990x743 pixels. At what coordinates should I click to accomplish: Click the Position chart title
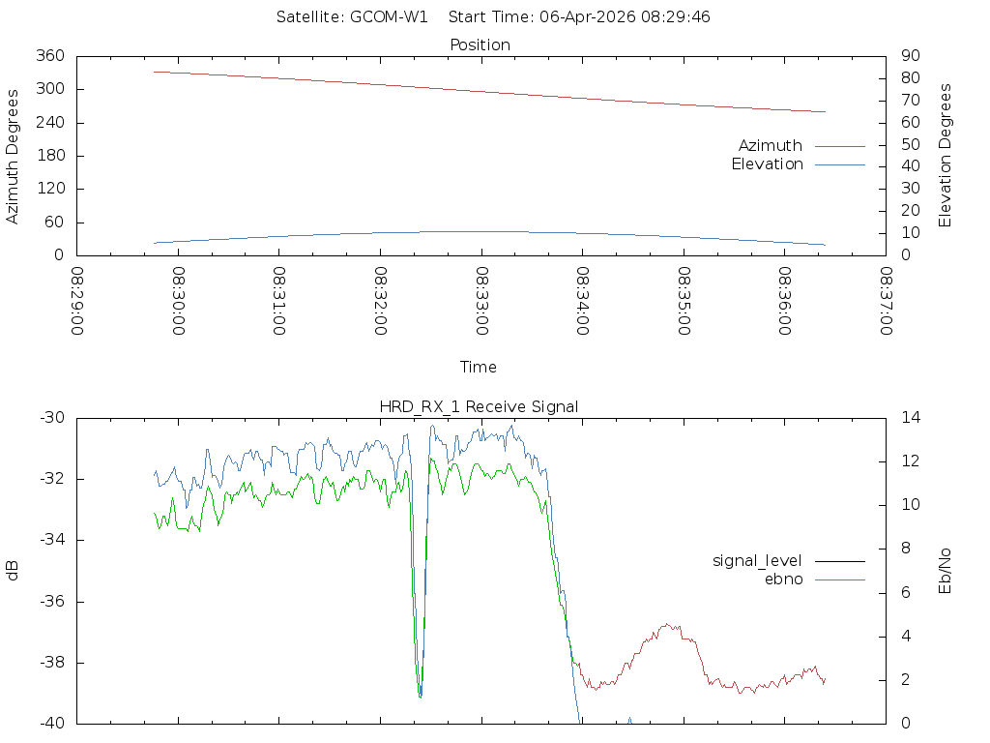pyautogui.click(x=480, y=45)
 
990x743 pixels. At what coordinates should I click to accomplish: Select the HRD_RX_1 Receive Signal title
pyautogui.click(x=480, y=406)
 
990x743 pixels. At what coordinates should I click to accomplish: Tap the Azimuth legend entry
pyautogui.click(x=771, y=145)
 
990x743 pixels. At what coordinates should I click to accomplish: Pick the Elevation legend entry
pyautogui.click(x=768, y=164)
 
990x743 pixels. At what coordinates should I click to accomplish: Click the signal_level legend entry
pyautogui.click(x=758, y=560)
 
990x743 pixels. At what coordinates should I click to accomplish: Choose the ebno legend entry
pyautogui.click(x=784, y=579)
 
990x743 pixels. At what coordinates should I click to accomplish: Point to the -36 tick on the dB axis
pyautogui.click(x=51, y=602)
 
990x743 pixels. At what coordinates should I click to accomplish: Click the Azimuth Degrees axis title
pyautogui.click(x=14, y=156)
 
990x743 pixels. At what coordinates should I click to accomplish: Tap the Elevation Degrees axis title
pyautogui.click(x=946, y=156)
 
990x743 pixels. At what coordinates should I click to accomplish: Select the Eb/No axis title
pyautogui.click(x=946, y=571)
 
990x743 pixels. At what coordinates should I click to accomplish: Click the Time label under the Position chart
pyautogui.click(x=479, y=367)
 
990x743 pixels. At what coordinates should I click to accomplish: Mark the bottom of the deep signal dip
pyautogui.click(x=420, y=696)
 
